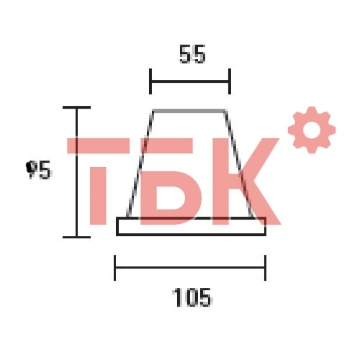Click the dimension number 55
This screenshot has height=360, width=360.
coord(192,54)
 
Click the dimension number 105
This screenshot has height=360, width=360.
coord(192,297)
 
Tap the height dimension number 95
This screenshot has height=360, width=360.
coord(39,170)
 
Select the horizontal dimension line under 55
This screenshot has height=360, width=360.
coord(190,81)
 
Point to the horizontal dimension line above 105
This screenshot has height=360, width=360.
coord(190,267)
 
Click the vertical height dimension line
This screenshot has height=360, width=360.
coord(77,172)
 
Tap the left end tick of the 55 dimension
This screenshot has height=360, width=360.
coord(150,81)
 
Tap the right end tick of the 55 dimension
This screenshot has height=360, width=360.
coord(230,81)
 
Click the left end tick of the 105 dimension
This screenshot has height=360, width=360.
coord(115,268)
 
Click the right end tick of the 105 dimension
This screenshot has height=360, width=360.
coord(265,268)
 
